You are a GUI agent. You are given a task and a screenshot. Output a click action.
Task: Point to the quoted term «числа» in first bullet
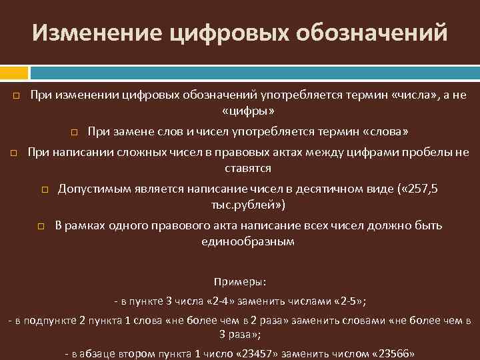click(409, 95)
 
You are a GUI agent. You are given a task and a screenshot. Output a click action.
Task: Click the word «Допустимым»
click(93, 189)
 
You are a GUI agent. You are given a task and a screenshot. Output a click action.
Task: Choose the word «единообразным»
click(247, 241)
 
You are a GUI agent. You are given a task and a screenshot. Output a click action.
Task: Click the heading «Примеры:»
click(239, 282)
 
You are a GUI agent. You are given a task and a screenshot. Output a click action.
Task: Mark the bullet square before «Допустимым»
click(45, 191)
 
